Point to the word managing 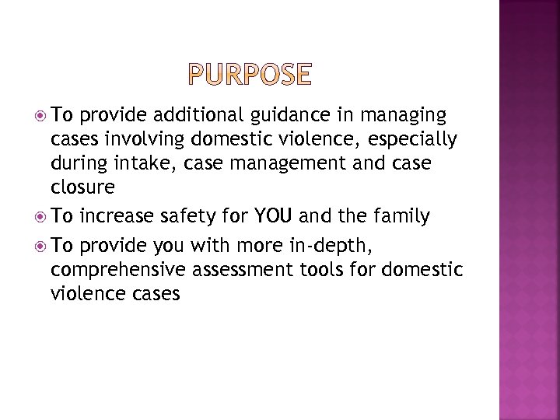[x=404, y=117]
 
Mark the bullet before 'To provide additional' [x=40, y=117]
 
